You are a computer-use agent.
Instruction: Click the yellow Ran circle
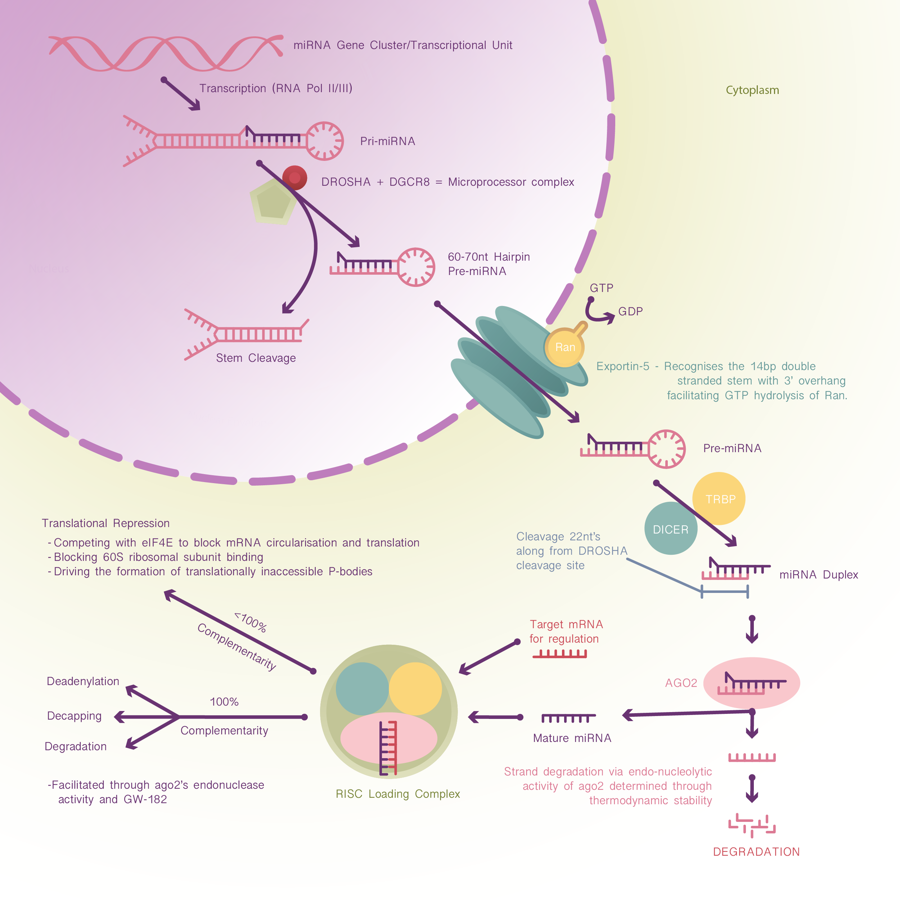[564, 347]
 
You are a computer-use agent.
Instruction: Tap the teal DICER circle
[670, 529]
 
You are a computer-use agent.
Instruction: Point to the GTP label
[602, 288]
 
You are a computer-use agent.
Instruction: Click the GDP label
[630, 311]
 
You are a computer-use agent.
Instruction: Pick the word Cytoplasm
[752, 90]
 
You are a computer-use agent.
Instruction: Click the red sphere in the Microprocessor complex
[295, 178]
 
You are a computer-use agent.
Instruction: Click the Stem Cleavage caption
[256, 358]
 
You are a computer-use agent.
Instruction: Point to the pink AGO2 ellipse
[751, 683]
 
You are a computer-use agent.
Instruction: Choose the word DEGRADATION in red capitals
[756, 851]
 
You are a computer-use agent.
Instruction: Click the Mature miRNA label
[572, 738]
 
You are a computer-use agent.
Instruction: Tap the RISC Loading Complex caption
[397, 794]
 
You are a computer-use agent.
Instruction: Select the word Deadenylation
[83, 681]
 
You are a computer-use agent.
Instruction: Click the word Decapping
[74, 716]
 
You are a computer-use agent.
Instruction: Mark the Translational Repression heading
[106, 523]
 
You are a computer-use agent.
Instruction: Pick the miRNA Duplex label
[819, 574]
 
